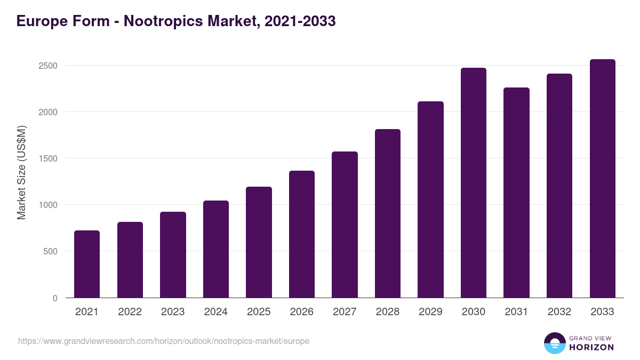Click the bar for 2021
pyautogui.click(x=87, y=264)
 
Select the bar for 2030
pyautogui.click(x=474, y=183)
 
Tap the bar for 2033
pyautogui.click(x=602, y=179)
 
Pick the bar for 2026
pyautogui.click(x=302, y=234)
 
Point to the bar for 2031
pyautogui.click(x=516, y=193)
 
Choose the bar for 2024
pyautogui.click(x=216, y=249)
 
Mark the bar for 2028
pyautogui.click(x=388, y=213)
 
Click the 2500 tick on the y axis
pyautogui.click(x=48, y=66)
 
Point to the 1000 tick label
pyautogui.click(x=48, y=205)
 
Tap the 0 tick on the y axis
pyautogui.click(x=55, y=298)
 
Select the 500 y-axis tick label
pyautogui.click(x=50, y=251)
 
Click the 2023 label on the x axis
pyautogui.click(x=173, y=312)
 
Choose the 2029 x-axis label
pyautogui.click(x=430, y=312)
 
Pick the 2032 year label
pyautogui.click(x=559, y=312)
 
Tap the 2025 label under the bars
pyautogui.click(x=259, y=312)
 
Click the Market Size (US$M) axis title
pyautogui.click(x=21, y=172)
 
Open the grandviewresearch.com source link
pyautogui.click(x=164, y=341)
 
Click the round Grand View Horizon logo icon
pyautogui.click(x=554, y=343)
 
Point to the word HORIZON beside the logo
pyautogui.click(x=591, y=347)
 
